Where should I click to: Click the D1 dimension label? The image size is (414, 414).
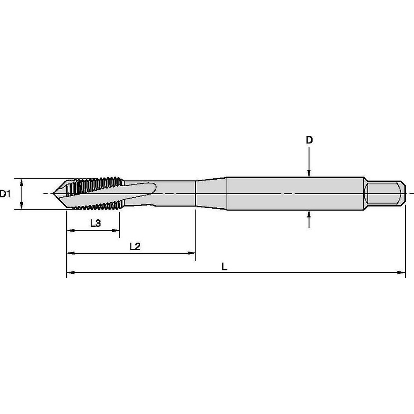click(5, 194)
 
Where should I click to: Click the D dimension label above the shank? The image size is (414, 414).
click(309, 140)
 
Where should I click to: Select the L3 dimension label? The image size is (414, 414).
click(95, 224)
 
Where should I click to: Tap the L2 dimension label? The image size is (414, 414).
click(135, 246)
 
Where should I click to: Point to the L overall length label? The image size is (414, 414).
click(224, 267)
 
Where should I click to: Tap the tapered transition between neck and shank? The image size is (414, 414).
click(211, 194)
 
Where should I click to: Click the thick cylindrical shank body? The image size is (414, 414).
click(296, 194)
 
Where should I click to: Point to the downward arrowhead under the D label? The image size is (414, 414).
click(309, 174)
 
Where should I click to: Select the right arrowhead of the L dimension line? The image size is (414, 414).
click(402, 272)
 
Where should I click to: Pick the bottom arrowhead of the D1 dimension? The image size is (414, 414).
click(21, 206)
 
